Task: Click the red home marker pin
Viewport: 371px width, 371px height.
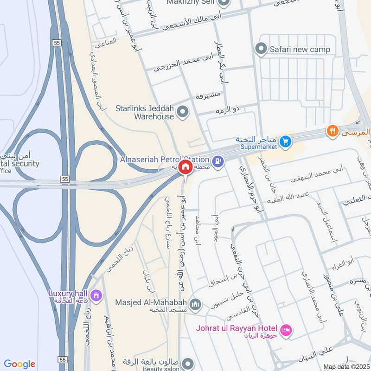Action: point(185,166)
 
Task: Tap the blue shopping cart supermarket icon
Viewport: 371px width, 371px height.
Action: point(285,140)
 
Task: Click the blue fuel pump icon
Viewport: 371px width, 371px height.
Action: point(218,161)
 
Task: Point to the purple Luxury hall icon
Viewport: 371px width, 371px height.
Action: point(96,295)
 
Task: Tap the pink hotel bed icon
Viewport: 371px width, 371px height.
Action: point(287,330)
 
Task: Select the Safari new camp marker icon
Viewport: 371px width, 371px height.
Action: point(261,49)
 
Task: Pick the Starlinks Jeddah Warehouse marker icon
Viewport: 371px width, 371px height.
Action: point(184,112)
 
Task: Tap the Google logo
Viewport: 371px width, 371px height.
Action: point(19,364)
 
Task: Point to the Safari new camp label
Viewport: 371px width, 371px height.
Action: point(300,49)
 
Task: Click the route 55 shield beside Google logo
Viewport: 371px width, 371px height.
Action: point(63,359)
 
